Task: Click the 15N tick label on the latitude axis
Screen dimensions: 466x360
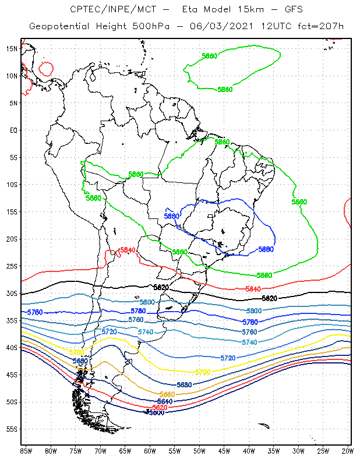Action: pos(12,48)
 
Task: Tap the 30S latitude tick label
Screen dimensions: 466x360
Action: pos(12,293)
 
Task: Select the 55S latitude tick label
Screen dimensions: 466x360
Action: pos(12,429)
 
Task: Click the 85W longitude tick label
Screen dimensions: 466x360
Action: pos(26,450)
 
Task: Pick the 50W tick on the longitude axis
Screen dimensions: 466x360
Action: pos(199,450)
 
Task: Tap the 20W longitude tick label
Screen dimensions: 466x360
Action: pos(348,450)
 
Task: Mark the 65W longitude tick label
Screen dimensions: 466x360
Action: pos(125,450)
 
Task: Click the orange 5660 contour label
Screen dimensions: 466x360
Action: pos(167,394)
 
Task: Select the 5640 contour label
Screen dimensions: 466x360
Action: pos(165,401)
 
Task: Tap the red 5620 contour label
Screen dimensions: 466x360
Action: pos(160,407)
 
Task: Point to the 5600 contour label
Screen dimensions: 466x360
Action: pos(156,412)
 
